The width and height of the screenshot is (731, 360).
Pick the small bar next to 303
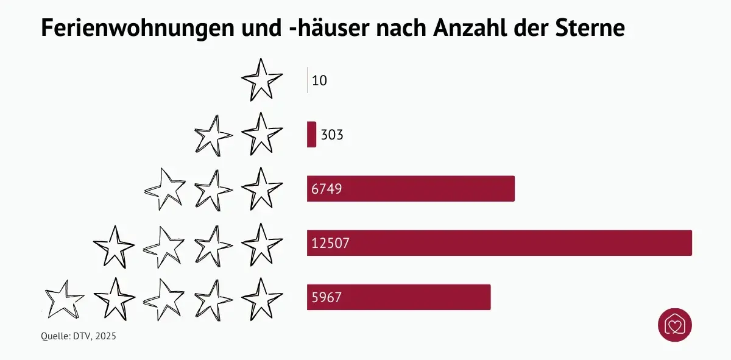tap(311, 135)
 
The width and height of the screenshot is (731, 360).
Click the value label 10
tap(319, 80)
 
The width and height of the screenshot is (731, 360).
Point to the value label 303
tap(332, 135)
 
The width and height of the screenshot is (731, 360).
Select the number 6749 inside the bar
tap(326, 189)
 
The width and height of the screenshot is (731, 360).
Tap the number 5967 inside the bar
tap(326, 297)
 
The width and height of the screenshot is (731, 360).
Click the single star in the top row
tap(261, 80)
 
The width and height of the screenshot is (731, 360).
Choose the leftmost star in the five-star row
tap(64, 299)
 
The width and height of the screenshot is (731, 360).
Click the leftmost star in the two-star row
tap(213, 135)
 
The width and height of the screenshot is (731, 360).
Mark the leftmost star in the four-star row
tap(114, 245)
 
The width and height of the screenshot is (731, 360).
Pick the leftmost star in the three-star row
tap(164, 189)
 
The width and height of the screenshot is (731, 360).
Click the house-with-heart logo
tap(675, 325)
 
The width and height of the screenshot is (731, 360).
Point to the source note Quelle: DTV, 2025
tap(78, 336)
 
